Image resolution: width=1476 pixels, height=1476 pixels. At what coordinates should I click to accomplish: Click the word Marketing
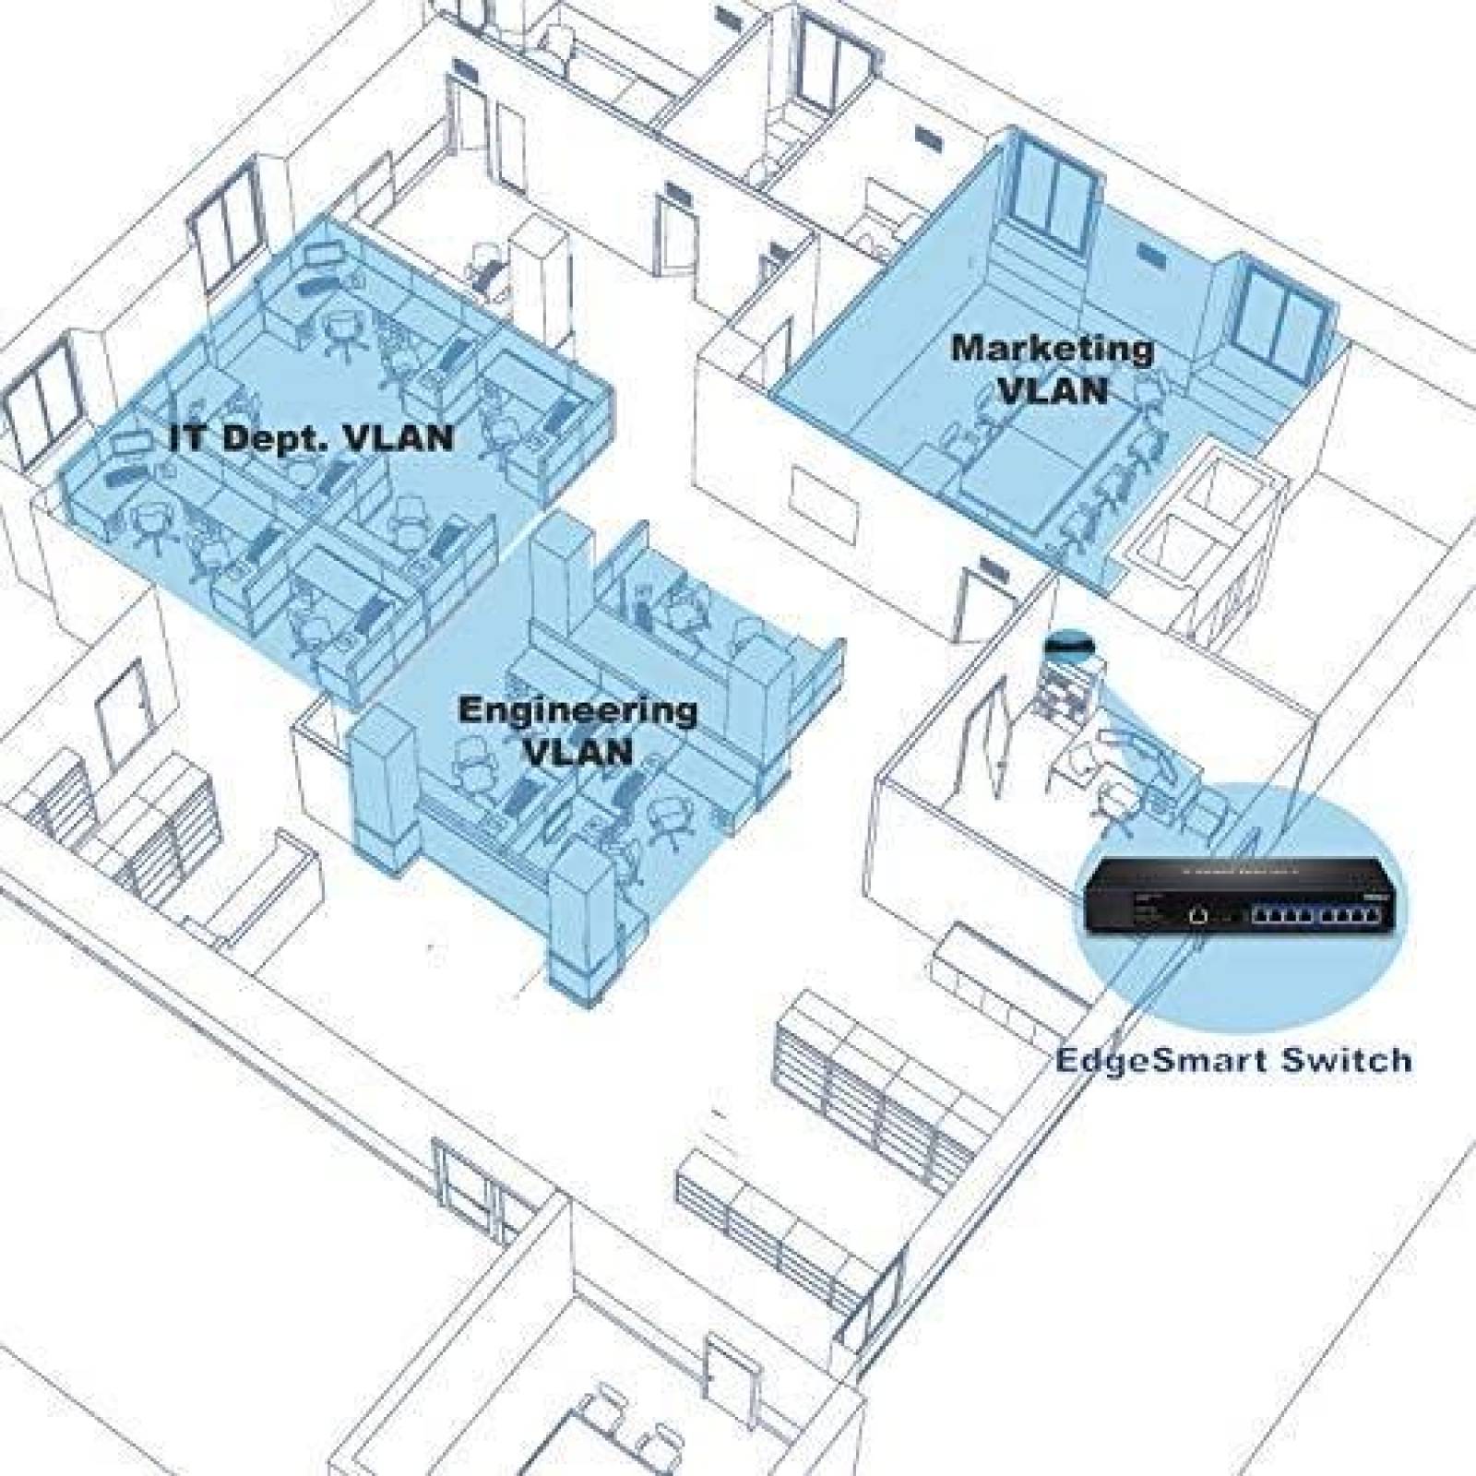pos(1053,351)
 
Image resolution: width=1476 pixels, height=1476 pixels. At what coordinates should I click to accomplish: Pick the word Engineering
pos(577,712)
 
